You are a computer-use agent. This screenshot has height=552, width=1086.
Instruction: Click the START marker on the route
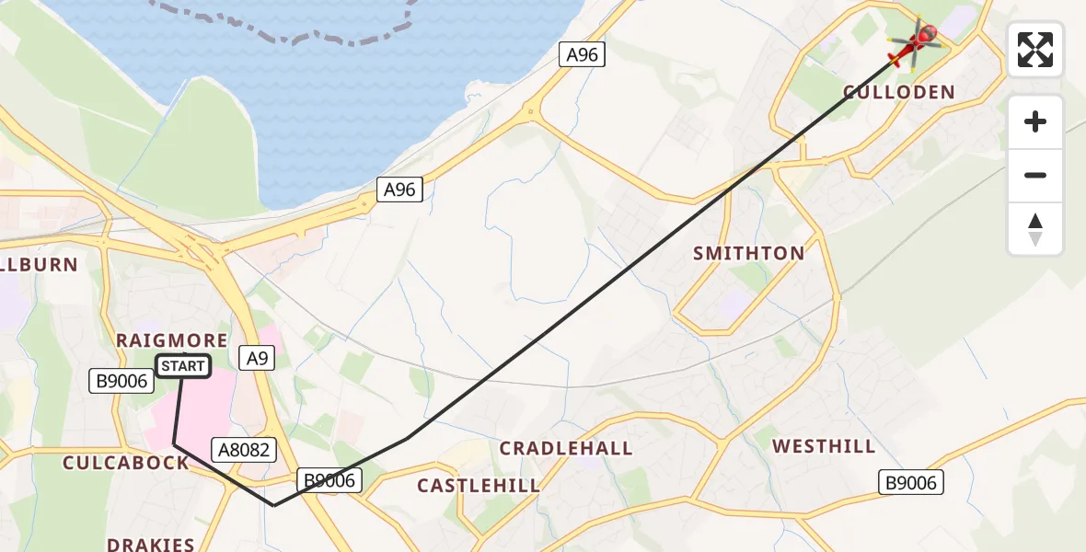pyautogui.click(x=183, y=366)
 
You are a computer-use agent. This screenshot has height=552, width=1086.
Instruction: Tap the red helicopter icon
pyautogui.click(x=915, y=43)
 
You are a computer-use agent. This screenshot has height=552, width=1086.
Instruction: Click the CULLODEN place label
pyautogui.click(x=899, y=92)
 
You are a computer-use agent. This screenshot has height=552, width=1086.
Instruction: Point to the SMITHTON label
pyautogui.click(x=748, y=253)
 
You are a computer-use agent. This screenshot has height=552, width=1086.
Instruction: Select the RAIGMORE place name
pyautogui.click(x=172, y=340)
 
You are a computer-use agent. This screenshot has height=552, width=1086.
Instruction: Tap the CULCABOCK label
pyautogui.click(x=125, y=463)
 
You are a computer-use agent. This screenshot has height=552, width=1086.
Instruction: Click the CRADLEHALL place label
pyautogui.click(x=566, y=448)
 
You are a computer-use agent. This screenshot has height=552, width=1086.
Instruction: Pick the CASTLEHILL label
pyautogui.click(x=479, y=485)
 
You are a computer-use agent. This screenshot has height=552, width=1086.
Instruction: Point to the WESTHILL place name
pyautogui.click(x=824, y=446)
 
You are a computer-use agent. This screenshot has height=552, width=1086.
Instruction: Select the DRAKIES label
pyautogui.click(x=151, y=544)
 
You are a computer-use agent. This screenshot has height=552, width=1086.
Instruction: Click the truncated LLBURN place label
pyautogui.click(x=39, y=264)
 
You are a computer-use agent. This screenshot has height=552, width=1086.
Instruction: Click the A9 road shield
pyautogui.click(x=257, y=358)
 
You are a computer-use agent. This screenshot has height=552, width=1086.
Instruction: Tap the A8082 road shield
pyautogui.click(x=243, y=449)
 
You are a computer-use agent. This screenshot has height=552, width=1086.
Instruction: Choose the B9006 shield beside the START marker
pyautogui.click(x=121, y=381)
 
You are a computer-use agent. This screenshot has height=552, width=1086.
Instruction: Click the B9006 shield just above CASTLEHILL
pyautogui.click(x=329, y=479)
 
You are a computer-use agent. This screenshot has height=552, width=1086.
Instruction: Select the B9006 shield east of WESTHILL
pyautogui.click(x=911, y=482)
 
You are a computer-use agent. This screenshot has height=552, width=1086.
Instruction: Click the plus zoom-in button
pyautogui.click(x=1035, y=121)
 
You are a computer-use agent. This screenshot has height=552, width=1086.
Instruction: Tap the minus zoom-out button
pyautogui.click(x=1035, y=175)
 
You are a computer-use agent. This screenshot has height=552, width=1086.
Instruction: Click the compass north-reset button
pyautogui.click(x=1035, y=229)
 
